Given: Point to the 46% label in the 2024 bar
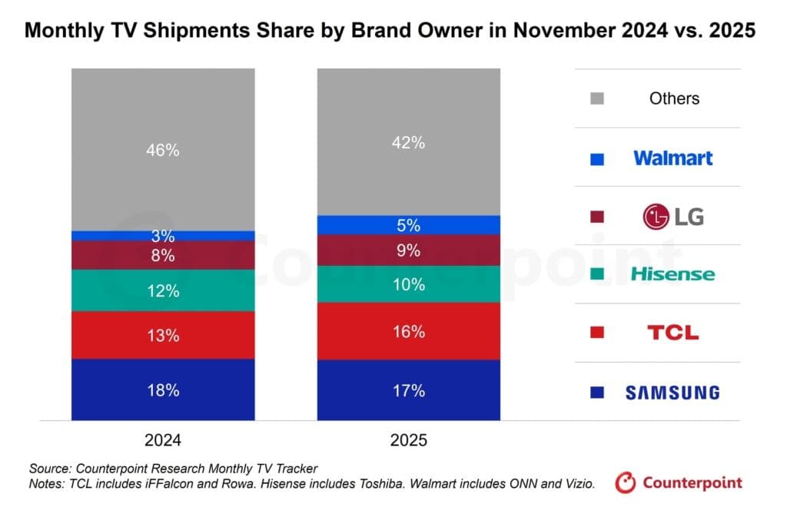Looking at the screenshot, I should tap(162, 151).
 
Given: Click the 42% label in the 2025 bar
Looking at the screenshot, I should tap(408, 143).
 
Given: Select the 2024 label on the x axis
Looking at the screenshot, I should tap(162, 441).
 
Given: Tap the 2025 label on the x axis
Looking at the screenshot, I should tap(408, 441).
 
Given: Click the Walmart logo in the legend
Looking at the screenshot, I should tap(672, 158).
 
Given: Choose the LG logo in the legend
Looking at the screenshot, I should tap(672, 217).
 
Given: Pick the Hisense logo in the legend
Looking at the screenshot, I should tap(672, 274).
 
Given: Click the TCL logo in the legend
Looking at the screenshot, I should tap(672, 333).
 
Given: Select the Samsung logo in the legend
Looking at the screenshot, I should tap(672, 393).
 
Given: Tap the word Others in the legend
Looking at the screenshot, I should tap(674, 98).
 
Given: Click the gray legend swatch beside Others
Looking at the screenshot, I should tap(598, 98).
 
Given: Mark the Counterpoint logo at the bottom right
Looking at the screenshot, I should tap(679, 483).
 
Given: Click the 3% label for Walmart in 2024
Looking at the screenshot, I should tap(162, 237).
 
